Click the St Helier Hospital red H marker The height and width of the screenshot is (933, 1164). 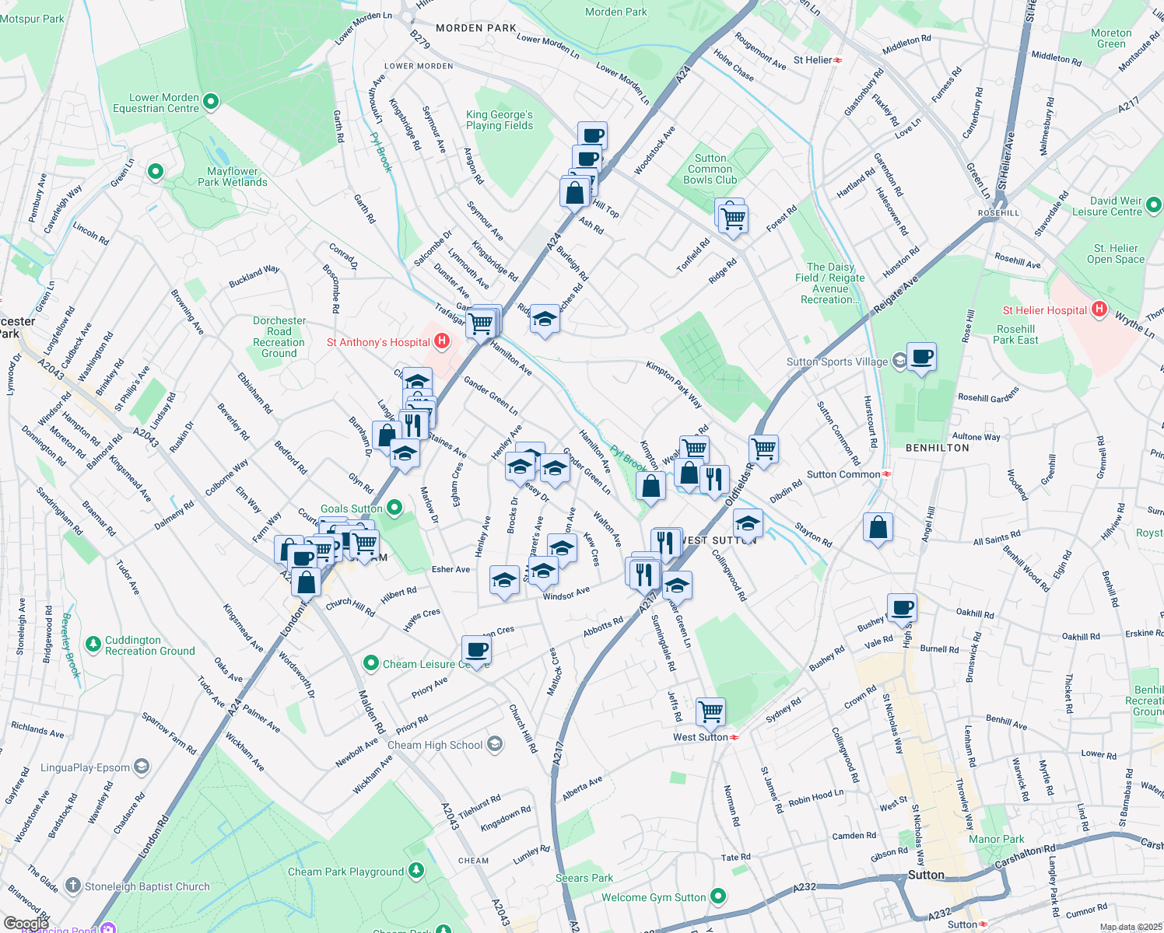click(1099, 309)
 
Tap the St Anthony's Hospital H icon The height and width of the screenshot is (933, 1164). click(442, 341)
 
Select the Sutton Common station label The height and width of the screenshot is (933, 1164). click(843, 474)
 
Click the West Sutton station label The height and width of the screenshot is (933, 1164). click(700, 737)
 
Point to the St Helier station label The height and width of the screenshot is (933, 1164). click(812, 60)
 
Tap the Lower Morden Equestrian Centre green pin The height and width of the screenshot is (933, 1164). click(210, 102)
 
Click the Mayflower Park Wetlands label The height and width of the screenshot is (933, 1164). click(232, 176)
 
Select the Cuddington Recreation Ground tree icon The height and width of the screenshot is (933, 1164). click(93, 644)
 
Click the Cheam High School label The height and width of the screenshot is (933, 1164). click(435, 745)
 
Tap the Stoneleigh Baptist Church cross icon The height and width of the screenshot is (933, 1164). click(73, 886)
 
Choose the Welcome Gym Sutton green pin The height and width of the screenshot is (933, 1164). click(718, 896)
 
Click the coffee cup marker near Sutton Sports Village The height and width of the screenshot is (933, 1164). click(921, 358)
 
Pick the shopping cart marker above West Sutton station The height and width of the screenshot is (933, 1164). click(710, 711)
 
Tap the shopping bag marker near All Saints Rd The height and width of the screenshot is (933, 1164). click(878, 528)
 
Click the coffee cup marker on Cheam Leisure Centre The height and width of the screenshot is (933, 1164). click(476, 650)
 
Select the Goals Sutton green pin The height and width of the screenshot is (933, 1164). click(394, 508)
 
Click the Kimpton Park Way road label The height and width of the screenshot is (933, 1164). click(674, 384)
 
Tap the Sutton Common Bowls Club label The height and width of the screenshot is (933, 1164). click(710, 169)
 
